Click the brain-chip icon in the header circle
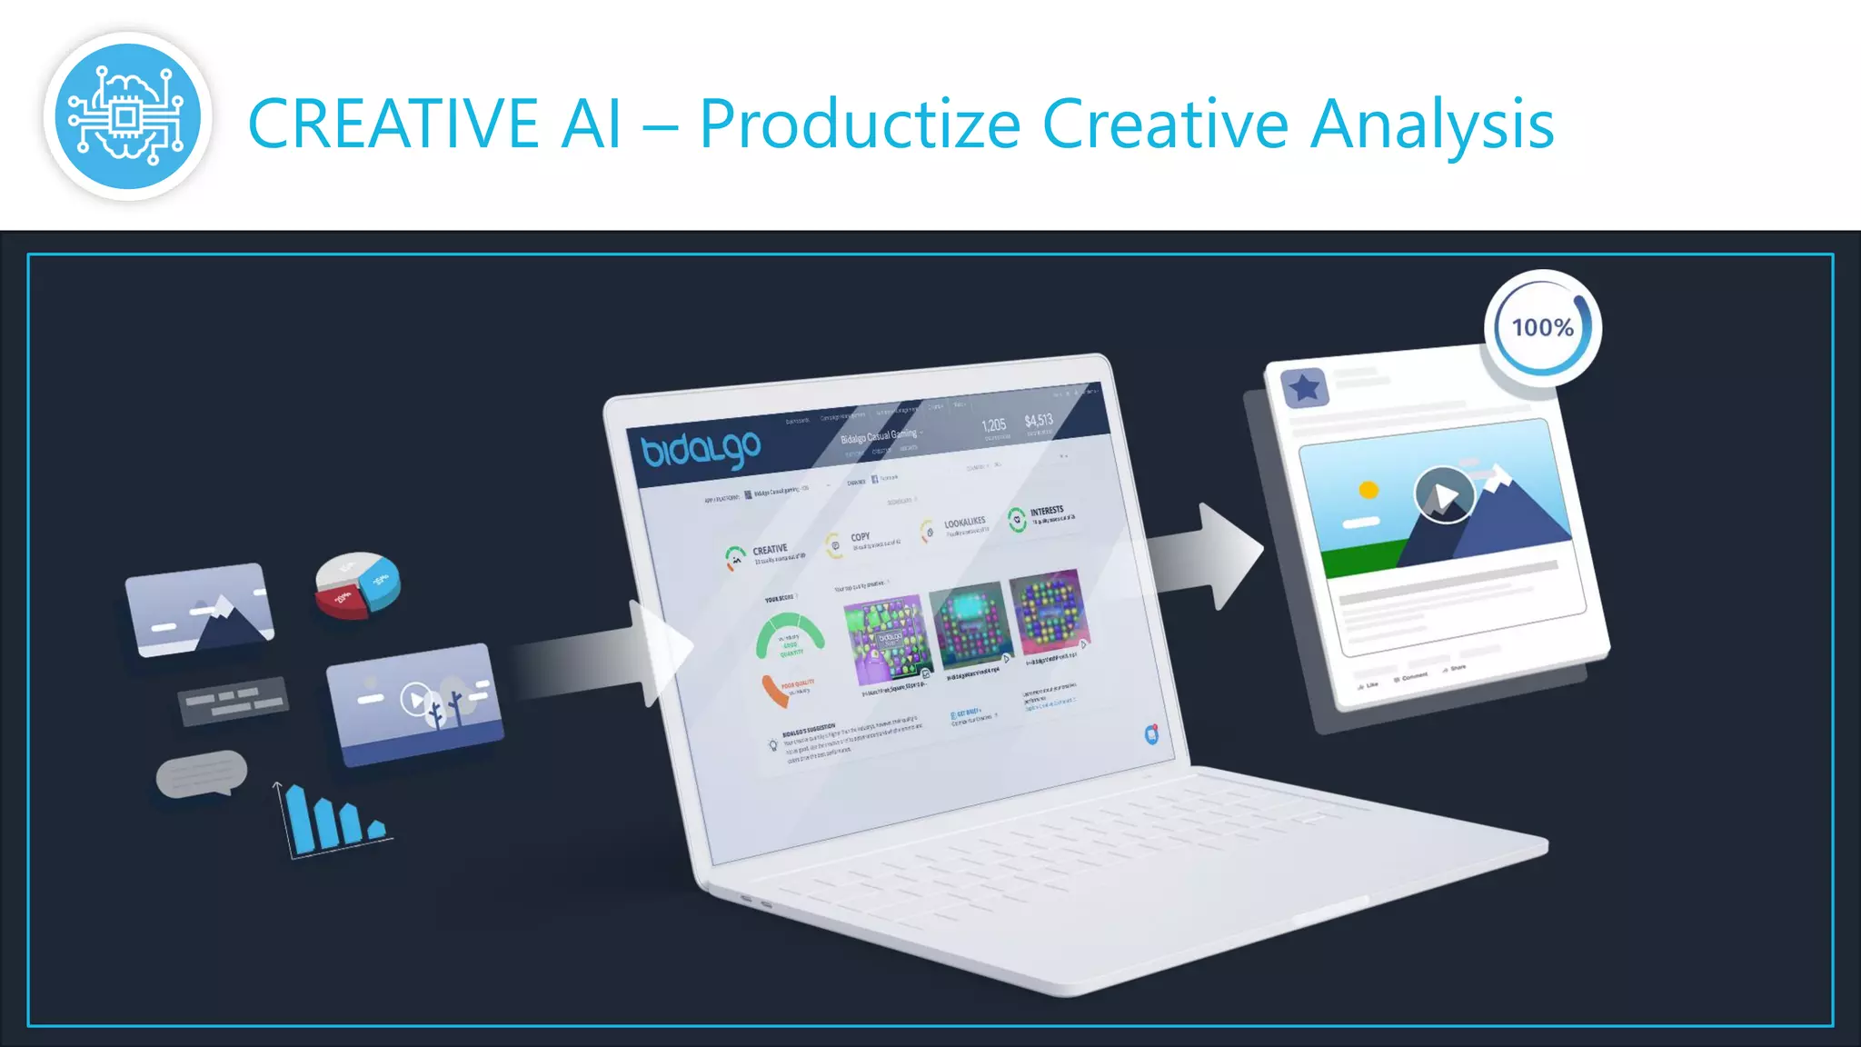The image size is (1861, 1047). point(127,116)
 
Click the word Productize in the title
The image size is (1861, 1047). point(860,125)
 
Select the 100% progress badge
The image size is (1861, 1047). point(1542,328)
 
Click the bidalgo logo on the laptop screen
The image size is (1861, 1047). point(701,448)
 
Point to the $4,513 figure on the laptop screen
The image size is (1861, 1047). point(1039,420)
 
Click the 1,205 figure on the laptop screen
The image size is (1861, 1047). point(993,425)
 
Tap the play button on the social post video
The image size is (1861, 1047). point(1444,494)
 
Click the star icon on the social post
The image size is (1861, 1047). point(1305,388)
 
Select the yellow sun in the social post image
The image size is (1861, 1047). point(1368,490)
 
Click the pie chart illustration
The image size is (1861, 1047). point(357,584)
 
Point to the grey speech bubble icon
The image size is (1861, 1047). point(201,773)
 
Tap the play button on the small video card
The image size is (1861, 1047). point(416,699)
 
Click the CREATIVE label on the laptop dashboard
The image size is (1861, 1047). point(770,550)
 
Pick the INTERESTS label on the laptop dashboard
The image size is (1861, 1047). point(1047,511)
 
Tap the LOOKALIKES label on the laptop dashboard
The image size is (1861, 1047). point(964,523)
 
